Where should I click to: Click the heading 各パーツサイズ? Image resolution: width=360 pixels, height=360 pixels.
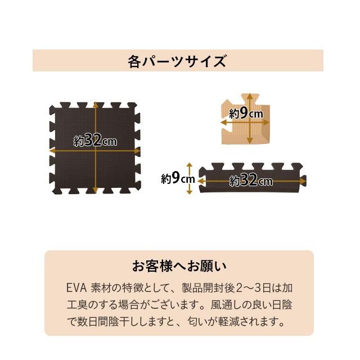[x=177, y=61]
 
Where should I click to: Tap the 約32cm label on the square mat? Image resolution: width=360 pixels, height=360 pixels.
[x=96, y=141]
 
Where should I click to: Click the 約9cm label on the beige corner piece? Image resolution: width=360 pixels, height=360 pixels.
[x=246, y=113]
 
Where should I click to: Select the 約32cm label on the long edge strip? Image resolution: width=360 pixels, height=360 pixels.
[x=251, y=181]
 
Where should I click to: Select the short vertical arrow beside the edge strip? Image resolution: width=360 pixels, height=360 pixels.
[x=190, y=179]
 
